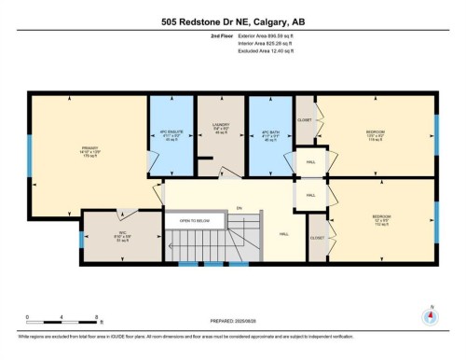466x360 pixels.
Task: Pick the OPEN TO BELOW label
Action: point(194,221)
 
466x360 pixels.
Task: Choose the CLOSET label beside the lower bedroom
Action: point(317,238)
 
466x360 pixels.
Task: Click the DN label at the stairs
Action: point(239,207)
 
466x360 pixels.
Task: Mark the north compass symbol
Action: point(430,314)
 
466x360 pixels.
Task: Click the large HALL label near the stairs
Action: point(283,234)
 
